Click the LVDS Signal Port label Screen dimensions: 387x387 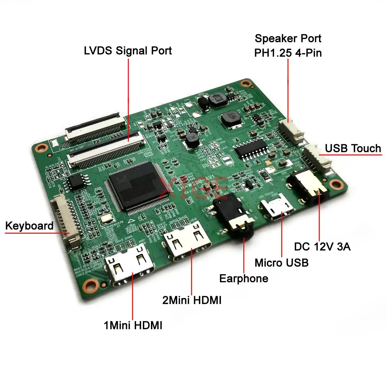coord(128,51)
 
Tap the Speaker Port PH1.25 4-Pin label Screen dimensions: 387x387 coord(288,45)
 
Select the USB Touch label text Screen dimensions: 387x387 coord(353,148)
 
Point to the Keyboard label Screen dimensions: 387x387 coord(29,226)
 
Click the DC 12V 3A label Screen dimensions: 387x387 coord(322,247)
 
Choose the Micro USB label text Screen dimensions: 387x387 coord(282,263)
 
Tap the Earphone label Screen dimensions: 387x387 coord(243,279)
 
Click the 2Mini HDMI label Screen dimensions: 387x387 coord(192,300)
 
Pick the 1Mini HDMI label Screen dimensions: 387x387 coord(133,325)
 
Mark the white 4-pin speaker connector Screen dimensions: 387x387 coord(292,131)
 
